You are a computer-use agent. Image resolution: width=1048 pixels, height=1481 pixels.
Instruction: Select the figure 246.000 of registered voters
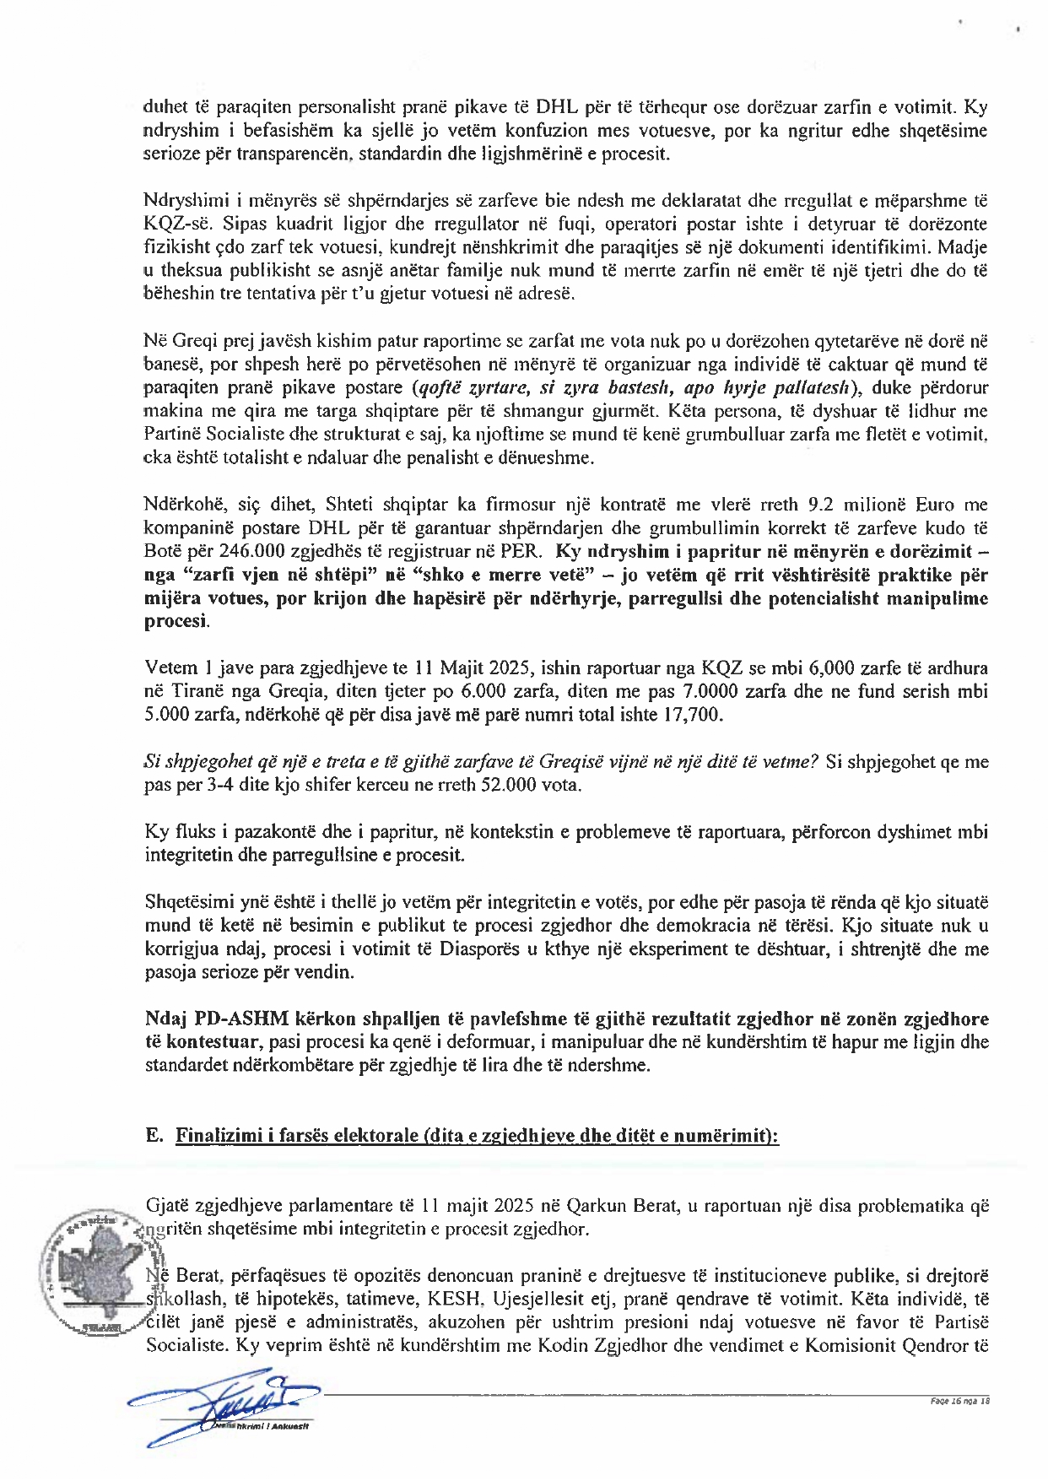(x=248, y=551)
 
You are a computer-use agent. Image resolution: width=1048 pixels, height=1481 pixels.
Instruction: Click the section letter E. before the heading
(x=154, y=1135)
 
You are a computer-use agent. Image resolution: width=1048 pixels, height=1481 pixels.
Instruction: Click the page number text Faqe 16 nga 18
(x=959, y=1401)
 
